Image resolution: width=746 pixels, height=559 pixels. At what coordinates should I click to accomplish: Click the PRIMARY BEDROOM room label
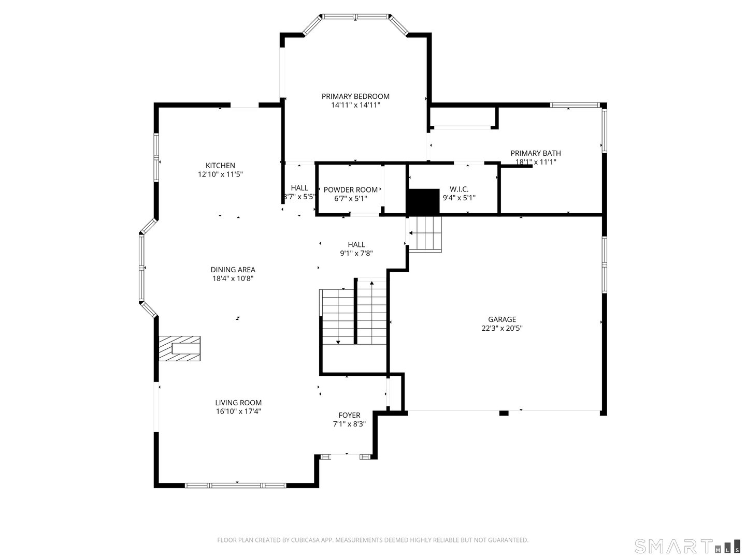pyautogui.click(x=355, y=96)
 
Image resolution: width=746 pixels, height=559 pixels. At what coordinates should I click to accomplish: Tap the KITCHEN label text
pyautogui.click(x=220, y=166)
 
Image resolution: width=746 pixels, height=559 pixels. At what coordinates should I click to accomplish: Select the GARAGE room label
pyautogui.click(x=502, y=319)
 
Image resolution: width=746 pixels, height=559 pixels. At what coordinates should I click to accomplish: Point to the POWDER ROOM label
pyautogui.click(x=350, y=190)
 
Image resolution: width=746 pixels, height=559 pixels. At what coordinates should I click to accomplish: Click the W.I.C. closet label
pyautogui.click(x=459, y=189)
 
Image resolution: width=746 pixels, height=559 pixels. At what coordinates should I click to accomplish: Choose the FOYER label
pyautogui.click(x=349, y=415)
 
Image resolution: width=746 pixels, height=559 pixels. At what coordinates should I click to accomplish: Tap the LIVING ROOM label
pyautogui.click(x=238, y=403)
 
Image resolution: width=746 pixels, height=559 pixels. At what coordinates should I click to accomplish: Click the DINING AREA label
pyautogui.click(x=233, y=270)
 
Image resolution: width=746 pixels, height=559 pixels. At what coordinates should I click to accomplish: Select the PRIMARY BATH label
pyautogui.click(x=536, y=153)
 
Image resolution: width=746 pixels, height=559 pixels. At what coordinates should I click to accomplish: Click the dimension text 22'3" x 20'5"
pyautogui.click(x=502, y=328)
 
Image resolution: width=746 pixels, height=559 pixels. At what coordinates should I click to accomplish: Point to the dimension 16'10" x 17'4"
pyautogui.click(x=238, y=411)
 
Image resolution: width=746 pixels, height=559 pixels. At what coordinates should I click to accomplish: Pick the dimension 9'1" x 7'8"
pyautogui.click(x=356, y=253)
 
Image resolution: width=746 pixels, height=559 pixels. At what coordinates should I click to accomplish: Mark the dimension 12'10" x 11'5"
pyautogui.click(x=220, y=174)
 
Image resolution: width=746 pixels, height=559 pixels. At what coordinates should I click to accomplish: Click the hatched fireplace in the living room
pyautogui.click(x=179, y=348)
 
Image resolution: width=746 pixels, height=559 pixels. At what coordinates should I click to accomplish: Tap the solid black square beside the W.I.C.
pyautogui.click(x=423, y=202)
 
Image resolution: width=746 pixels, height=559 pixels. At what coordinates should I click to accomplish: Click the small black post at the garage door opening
pyautogui.click(x=504, y=413)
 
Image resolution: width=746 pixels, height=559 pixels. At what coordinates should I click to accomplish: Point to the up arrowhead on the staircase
pyautogui.click(x=372, y=283)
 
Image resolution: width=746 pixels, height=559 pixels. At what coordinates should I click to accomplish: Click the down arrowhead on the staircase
pyautogui.click(x=338, y=342)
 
